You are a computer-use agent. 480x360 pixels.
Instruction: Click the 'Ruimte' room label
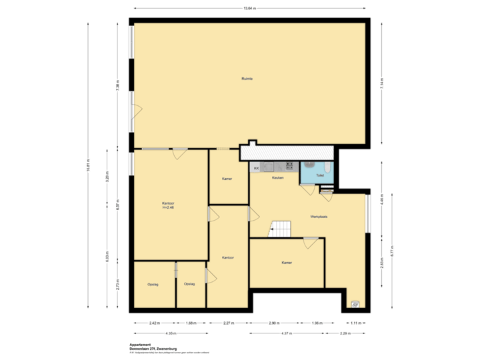pos(247,79)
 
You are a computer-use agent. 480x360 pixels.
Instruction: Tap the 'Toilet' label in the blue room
pos(320,175)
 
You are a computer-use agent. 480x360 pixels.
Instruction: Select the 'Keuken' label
pos(278,178)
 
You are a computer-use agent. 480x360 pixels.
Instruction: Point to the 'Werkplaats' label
pos(319,217)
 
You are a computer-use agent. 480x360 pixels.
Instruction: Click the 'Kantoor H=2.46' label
pos(168,205)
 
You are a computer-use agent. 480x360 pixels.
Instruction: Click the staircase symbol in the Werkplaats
pos(280,229)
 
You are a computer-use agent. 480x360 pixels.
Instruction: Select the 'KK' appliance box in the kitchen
pos(255,167)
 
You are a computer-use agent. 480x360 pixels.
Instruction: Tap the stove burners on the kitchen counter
pos(289,166)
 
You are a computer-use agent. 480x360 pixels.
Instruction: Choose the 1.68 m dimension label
pos(191,323)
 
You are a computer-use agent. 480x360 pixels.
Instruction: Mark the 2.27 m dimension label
pos(228,323)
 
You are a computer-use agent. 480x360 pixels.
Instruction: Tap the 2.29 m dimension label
pos(345,333)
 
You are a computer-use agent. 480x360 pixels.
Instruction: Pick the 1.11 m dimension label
pos(356,323)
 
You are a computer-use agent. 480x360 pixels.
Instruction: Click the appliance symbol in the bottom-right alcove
pos(355,304)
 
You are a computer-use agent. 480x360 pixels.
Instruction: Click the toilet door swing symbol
pos(308,189)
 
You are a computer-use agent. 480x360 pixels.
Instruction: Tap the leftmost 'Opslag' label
pos(153,284)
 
